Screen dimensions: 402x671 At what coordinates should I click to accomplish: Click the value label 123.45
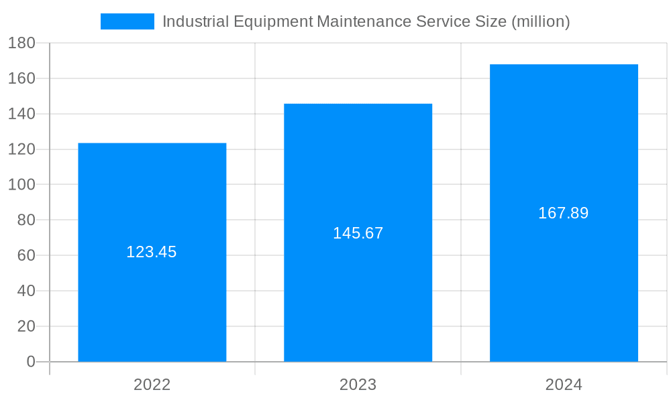(152, 253)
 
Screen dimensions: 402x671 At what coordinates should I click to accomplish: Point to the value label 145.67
(358, 233)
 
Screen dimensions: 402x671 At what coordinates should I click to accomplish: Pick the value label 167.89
(564, 213)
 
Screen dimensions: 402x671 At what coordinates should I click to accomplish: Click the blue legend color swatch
(127, 21)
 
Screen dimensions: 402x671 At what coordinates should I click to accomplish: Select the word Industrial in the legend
(195, 21)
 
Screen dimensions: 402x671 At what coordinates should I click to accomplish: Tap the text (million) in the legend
(541, 21)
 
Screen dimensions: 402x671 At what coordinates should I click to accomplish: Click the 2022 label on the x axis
(152, 385)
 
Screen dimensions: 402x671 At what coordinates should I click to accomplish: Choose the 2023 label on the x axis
(358, 385)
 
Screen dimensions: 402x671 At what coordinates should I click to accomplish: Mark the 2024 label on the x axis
(564, 385)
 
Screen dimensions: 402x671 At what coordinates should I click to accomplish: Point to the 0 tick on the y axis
(30, 362)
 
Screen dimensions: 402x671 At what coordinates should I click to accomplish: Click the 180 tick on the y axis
(21, 43)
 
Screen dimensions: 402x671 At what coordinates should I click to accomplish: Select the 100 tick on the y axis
(21, 185)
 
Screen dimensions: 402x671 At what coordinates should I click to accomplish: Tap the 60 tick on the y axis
(25, 255)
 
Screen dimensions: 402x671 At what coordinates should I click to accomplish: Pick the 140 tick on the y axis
(21, 114)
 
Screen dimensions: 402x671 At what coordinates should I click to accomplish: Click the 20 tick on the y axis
(25, 326)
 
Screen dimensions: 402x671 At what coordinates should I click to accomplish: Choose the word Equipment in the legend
(272, 21)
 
